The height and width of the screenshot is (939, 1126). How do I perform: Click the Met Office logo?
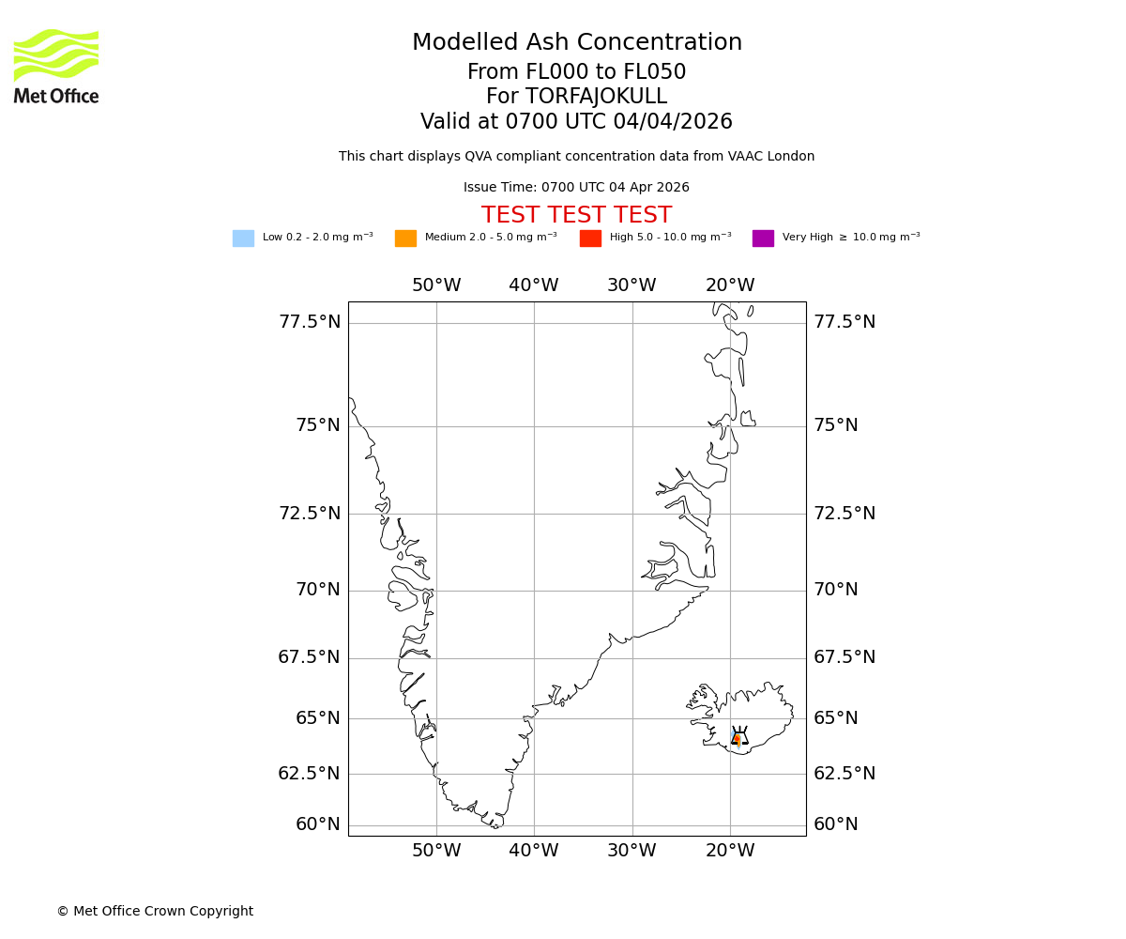coord(56,66)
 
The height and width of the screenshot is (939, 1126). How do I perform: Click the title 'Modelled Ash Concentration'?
coord(577,43)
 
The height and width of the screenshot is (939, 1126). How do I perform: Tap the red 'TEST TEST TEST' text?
coord(576,216)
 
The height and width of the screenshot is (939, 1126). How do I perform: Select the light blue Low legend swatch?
coord(243,239)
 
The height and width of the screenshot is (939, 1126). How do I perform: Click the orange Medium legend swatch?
coord(405,239)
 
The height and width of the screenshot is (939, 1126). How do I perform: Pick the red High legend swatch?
coord(590,239)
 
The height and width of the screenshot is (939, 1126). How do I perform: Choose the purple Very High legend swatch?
coord(763,239)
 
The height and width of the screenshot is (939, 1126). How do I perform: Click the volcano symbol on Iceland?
coord(739,737)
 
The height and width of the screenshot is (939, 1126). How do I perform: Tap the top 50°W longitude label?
coord(436,285)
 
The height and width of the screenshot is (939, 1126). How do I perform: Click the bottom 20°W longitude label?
coord(730,851)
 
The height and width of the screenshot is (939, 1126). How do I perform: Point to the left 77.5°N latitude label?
coord(310,322)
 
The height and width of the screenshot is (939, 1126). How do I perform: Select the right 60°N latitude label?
coord(836,824)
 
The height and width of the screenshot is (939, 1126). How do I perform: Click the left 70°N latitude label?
coord(318,590)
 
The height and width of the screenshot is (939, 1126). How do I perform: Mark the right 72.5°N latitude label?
coord(844,514)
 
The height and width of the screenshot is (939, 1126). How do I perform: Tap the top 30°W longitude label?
coord(631,285)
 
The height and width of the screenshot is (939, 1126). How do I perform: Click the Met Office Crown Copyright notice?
coord(155,912)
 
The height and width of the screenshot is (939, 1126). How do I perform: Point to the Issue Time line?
coord(576,188)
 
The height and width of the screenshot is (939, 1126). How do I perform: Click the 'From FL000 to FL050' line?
coord(576,72)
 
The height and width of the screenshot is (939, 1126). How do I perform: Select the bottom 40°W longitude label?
coord(534,851)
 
